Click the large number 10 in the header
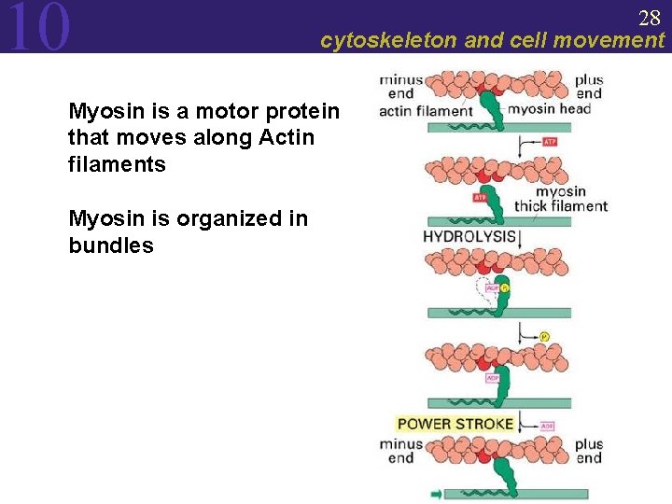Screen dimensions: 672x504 [x=38, y=27]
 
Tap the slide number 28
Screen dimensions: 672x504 [x=650, y=18]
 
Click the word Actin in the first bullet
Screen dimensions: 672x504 [x=290, y=138]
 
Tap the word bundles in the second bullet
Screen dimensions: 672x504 [x=111, y=245]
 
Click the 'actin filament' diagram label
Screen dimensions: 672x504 [x=426, y=111]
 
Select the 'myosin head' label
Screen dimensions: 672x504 [x=549, y=109]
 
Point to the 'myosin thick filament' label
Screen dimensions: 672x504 [x=563, y=199]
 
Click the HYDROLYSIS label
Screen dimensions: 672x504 [x=469, y=237]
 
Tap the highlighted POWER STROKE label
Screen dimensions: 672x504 [x=455, y=424]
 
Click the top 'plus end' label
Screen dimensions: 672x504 [x=589, y=86]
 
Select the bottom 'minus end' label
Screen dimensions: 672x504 [x=400, y=451]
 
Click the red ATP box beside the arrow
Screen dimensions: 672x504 [x=551, y=142]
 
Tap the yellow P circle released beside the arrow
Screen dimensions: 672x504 [x=544, y=336]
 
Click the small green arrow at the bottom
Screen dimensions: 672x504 [x=436, y=493]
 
